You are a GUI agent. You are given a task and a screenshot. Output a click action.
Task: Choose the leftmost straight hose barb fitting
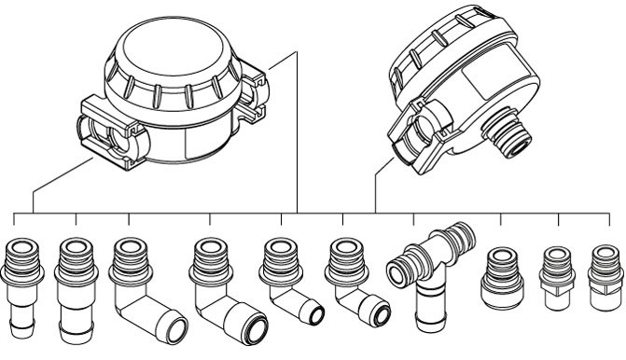[x=20, y=284]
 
